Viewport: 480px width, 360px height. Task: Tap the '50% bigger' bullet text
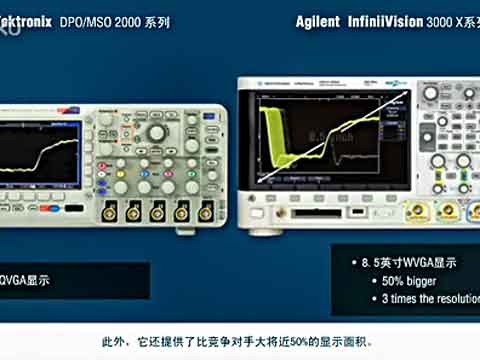click(399, 281)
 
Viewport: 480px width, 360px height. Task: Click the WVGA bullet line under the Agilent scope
click(405, 263)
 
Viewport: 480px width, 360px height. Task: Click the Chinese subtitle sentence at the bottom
click(240, 338)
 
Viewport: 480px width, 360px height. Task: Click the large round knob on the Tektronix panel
click(156, 132)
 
